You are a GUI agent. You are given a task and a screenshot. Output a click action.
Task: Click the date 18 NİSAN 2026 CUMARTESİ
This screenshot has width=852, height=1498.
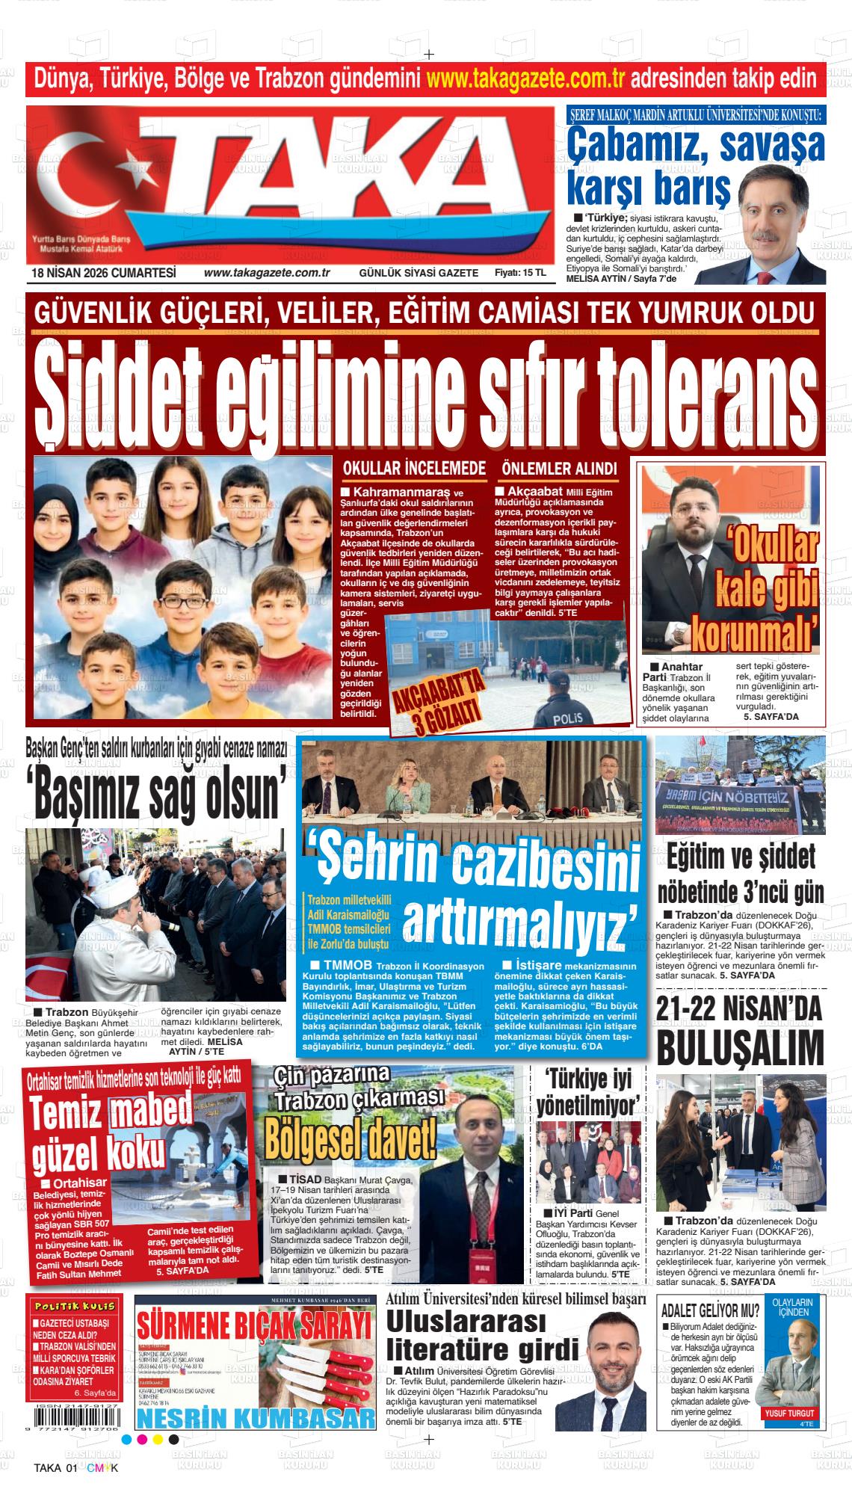pos(103,273)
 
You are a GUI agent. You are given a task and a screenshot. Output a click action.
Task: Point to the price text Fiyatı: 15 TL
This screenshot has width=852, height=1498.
pos(520,273)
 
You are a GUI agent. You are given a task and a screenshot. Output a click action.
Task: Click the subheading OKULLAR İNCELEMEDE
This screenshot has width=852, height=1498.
pos(414,469)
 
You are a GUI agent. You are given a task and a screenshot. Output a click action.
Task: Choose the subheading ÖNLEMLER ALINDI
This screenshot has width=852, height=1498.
pos(559,469)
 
